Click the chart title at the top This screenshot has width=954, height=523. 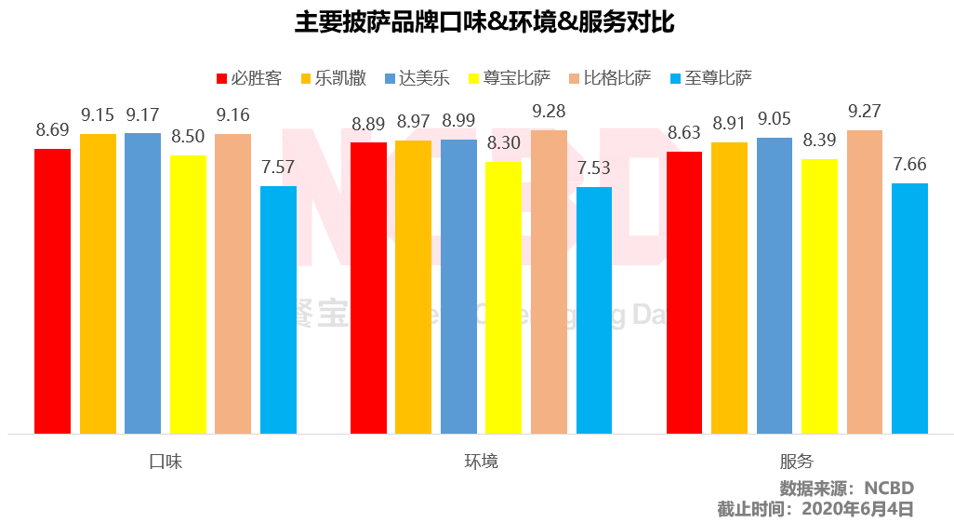(476, 23)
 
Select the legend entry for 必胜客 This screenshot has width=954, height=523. (248, 78)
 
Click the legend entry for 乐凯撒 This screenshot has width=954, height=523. (332, 78)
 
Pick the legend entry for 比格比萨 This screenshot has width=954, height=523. (615, 78)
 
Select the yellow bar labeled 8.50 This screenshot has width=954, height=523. (188, 294)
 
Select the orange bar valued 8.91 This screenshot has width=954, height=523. (729, 288)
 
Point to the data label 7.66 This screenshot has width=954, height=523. (909, 165)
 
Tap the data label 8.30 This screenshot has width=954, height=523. (503, 143)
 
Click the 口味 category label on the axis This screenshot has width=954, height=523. (166, 461)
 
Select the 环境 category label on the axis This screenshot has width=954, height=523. (481, 461)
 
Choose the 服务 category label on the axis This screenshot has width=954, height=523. (797, 461)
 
